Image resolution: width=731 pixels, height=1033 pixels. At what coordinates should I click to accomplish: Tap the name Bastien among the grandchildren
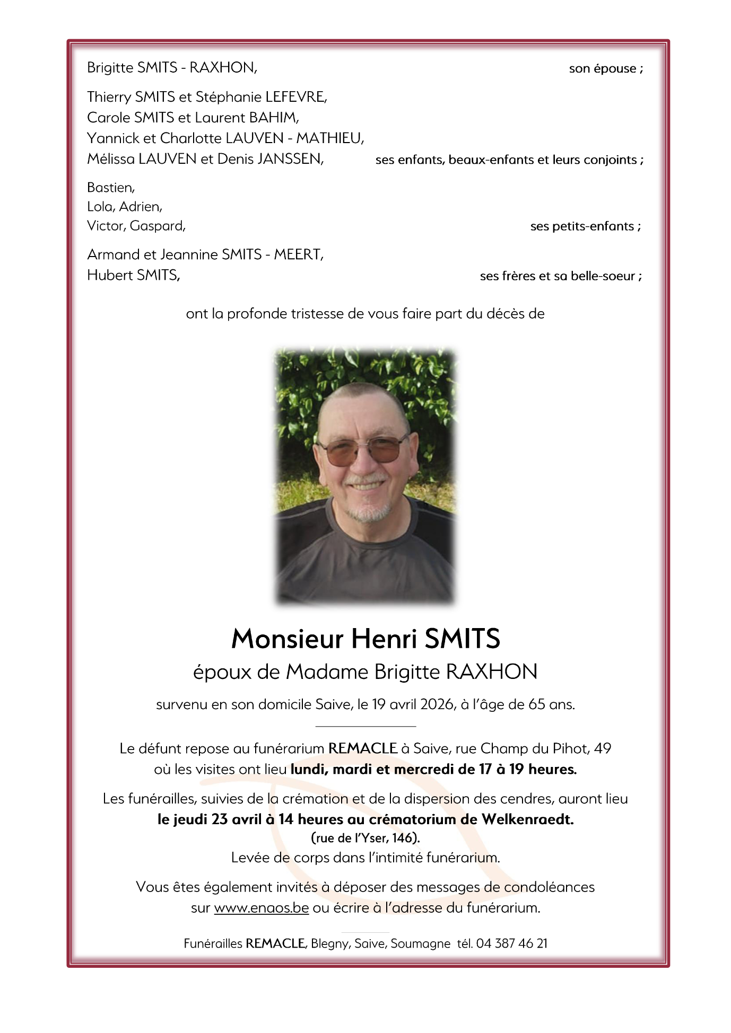point(110,188)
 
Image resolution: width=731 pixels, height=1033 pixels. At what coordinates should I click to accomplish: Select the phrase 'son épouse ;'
point(606,69)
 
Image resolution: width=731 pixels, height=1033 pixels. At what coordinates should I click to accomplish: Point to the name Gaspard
point(158,226)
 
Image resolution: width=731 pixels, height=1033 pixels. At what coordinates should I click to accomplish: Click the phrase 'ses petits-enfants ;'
point(585,227)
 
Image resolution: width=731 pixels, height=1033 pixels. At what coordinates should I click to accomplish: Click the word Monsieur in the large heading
point(288,639)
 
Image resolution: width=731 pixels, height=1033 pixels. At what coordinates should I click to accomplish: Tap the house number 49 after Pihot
point(603,748)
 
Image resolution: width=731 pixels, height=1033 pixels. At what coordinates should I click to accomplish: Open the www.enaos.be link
point(261,908)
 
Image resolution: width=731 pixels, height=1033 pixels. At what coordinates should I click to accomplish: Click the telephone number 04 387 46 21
point(511,943)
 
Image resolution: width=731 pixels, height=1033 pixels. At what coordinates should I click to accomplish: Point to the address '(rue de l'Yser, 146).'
point(365,838)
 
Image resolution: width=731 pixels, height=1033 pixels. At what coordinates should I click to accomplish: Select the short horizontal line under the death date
point(365,726)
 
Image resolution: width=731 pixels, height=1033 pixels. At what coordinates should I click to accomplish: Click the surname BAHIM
point(274,118)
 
